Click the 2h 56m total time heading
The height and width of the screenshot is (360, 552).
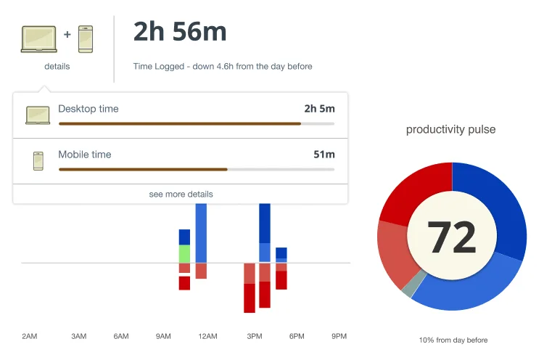[180, 32]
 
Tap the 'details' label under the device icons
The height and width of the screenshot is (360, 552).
[57, 67]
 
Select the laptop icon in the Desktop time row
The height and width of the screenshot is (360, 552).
[38, 115]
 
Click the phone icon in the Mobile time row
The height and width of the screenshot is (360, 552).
[38, 160]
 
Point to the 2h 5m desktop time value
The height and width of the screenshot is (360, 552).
[319, 109]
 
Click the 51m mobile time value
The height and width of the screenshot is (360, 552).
[324, 155]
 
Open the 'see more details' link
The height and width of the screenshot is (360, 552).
[181, 195]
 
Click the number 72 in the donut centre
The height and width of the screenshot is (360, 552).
[452, 237]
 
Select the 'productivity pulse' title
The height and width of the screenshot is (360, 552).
[450, 130]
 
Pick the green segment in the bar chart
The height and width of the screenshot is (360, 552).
[184, 253]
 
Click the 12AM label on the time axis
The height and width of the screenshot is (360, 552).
[207, 337]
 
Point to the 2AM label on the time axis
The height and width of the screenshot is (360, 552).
[29, 337]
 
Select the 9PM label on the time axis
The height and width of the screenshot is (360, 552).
[339, 337]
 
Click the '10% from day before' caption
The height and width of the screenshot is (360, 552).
[453, 340]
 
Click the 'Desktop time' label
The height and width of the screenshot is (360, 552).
[88, 109]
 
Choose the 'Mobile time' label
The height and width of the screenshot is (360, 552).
[84, 155]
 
